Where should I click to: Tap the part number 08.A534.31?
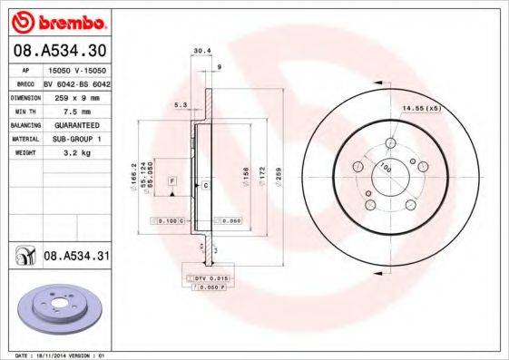[76, 258]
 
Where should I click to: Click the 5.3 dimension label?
[180, 106]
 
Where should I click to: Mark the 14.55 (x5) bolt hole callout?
[420, 110]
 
